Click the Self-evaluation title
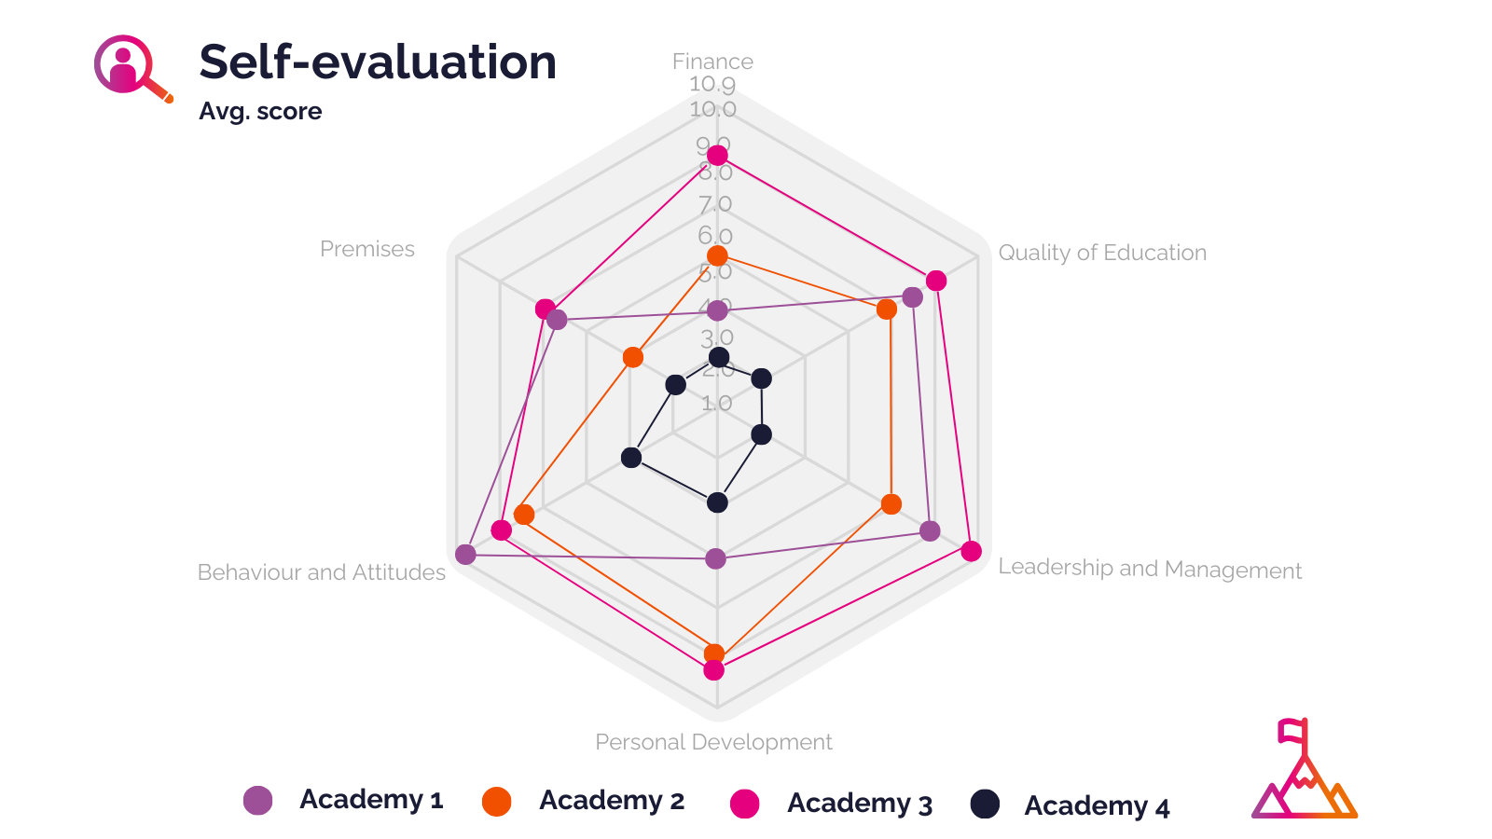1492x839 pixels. coord(378,62)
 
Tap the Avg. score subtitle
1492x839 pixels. coord(260,111)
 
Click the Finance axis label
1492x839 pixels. coord(712,62)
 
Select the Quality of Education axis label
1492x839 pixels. coord(1102,253)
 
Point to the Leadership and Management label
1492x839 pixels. coord(1150,569)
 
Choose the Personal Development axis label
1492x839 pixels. coord(713,742)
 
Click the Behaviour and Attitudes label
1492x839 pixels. coord(322,572)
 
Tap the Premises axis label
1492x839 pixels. coord(367,249)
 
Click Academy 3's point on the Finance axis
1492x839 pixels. coord(717,155)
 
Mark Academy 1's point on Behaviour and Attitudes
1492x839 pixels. coord(465,555)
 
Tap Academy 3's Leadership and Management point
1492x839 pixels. coord(971,551)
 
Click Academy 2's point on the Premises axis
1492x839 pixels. coord(633,357)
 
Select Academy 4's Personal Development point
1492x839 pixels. coord(717,503)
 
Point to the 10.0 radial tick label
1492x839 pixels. coord(713,109)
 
